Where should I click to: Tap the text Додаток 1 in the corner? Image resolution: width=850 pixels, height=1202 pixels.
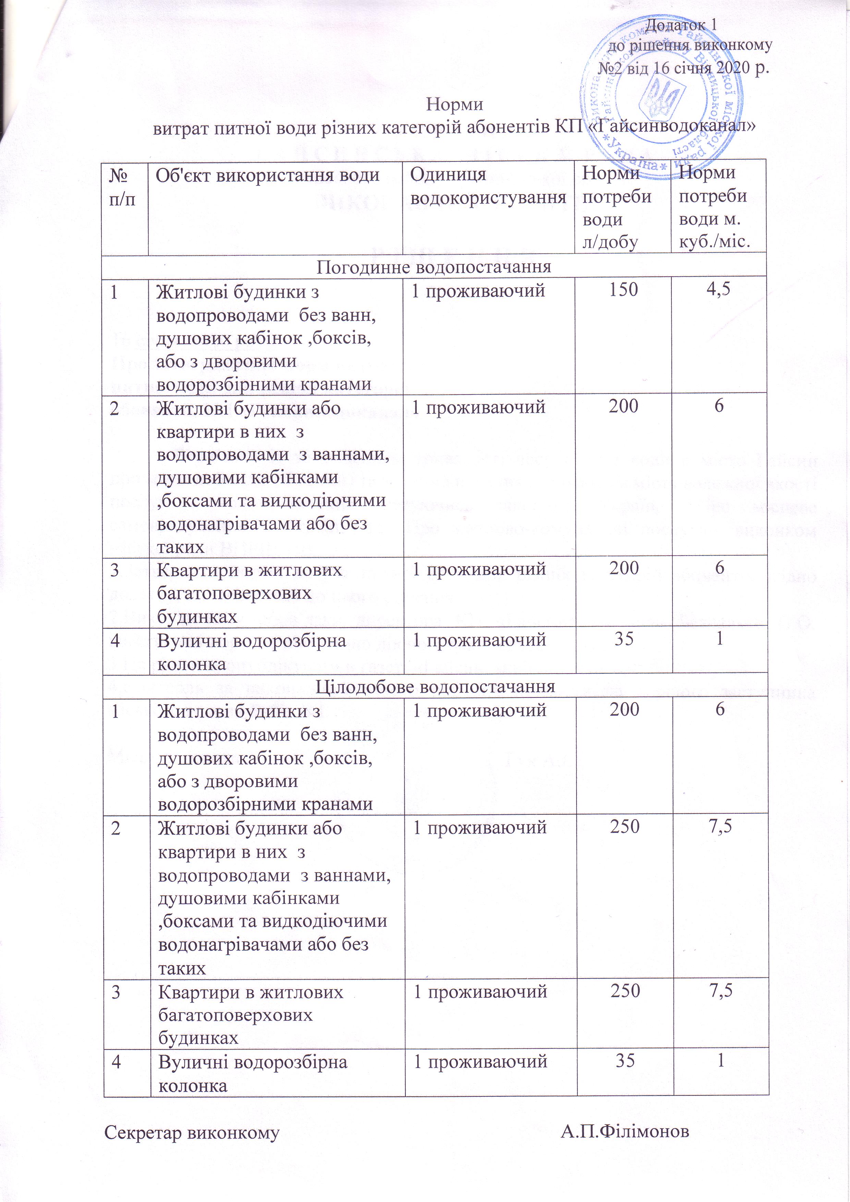coord(680,25)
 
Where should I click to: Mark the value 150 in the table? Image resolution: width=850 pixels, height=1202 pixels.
coord(623,290)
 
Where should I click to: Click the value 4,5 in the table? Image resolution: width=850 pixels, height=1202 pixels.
coord(719,290)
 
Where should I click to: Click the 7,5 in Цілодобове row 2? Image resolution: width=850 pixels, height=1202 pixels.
coord(720,827)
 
